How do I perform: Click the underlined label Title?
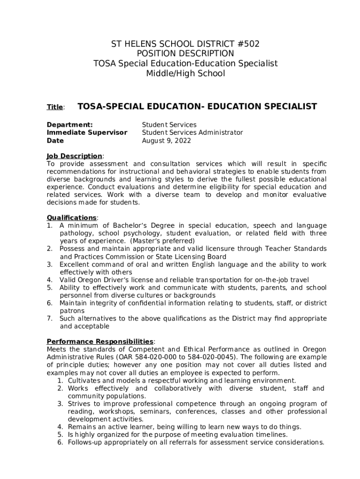[x=55, y=108]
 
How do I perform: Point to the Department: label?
[x=70, y=125]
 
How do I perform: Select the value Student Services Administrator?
[x=192, y=133]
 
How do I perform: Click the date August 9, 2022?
[x=166, y=141]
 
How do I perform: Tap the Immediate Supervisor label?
[x=87, y=133]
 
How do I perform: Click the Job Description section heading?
[x=74, y=156]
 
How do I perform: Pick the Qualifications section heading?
[x=72, y=218]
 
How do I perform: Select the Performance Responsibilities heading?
[x=100, y=341]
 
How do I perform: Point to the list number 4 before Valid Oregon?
[x=49, y=280]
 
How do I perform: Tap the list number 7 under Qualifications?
[x=49, y=319]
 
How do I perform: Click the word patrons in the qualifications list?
[x=72, y=311]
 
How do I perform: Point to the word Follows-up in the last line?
[x=86, y=443]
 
